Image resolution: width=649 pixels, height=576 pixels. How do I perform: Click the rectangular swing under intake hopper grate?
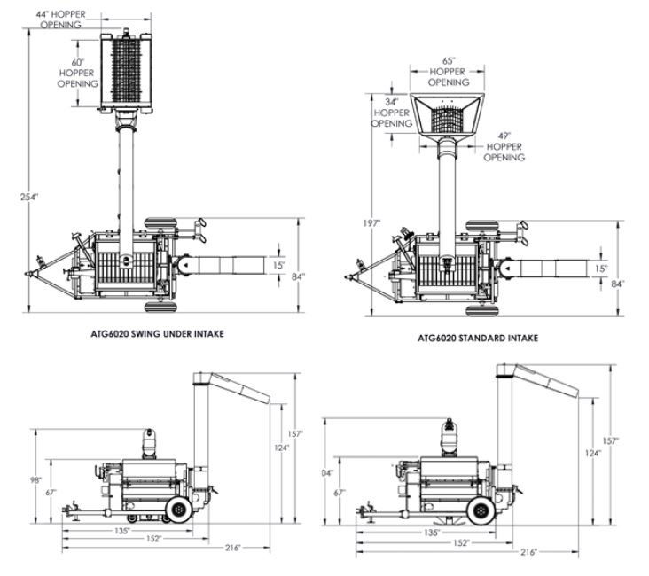coord(131,69)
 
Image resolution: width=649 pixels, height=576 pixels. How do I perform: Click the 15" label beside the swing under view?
coord(278,264)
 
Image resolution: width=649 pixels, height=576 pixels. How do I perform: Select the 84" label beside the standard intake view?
coord(617,283)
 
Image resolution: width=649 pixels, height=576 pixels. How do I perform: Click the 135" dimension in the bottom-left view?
coord(122,531)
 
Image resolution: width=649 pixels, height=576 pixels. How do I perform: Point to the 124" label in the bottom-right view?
coord(592,454)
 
